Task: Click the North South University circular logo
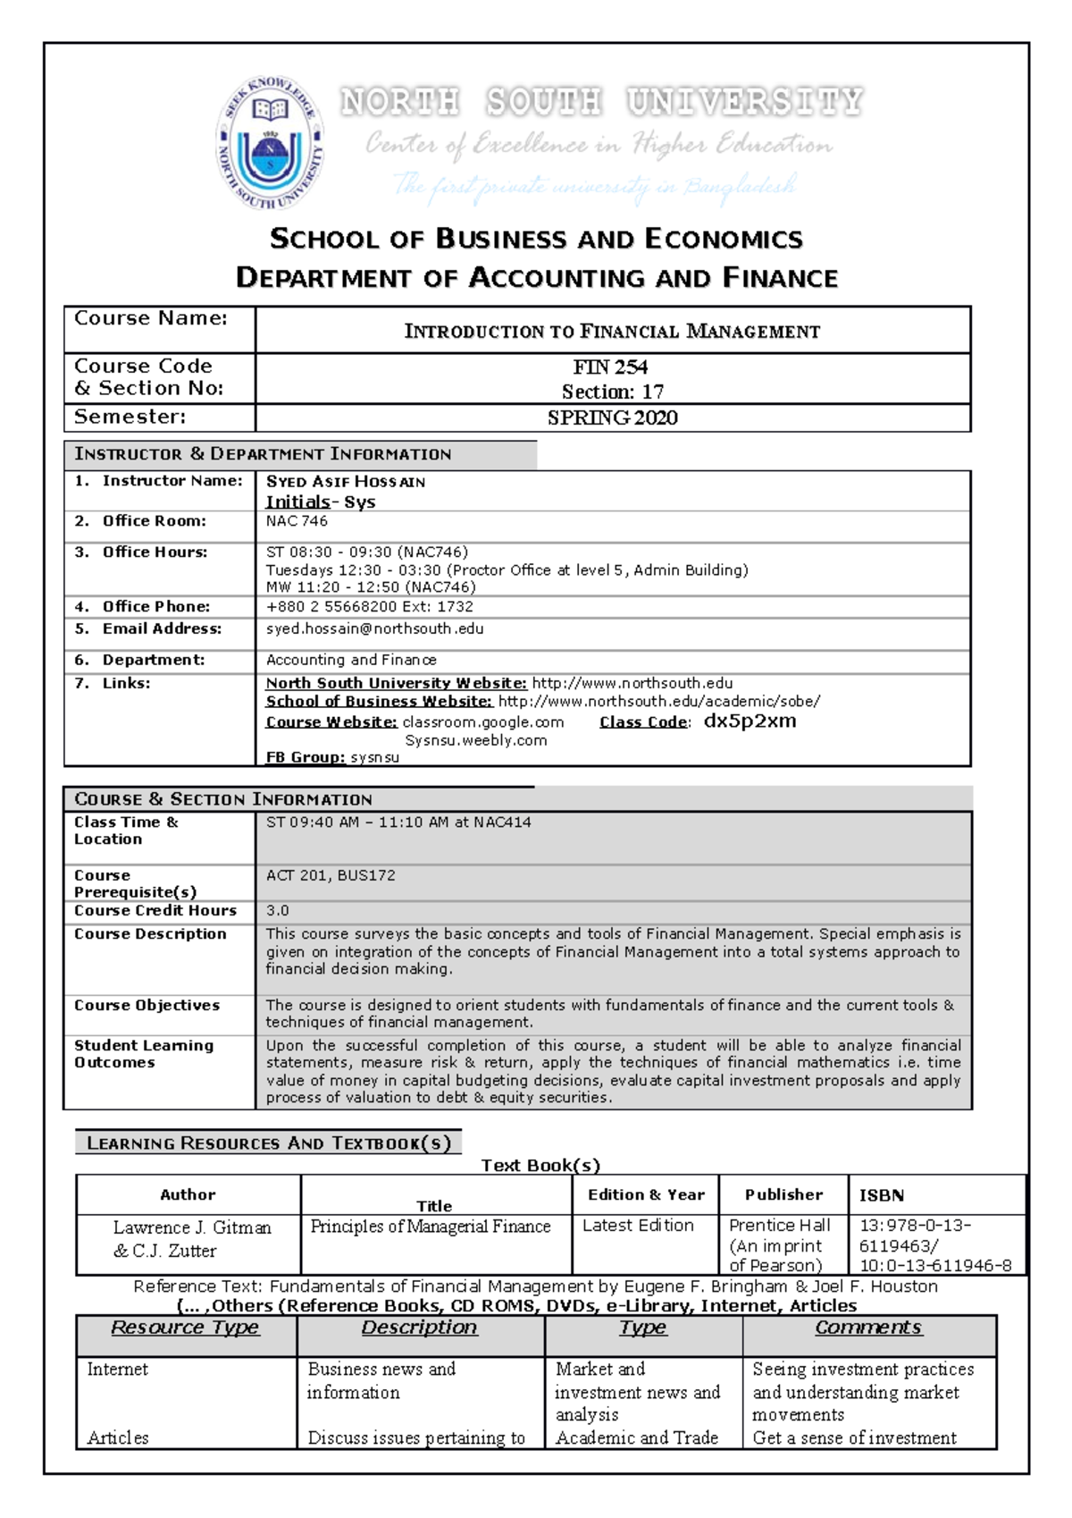point(271,143)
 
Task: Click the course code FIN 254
point(610,367)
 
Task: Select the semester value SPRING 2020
point(612,417)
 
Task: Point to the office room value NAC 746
point(297,521)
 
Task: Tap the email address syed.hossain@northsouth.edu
point(374,628)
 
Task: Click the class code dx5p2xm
point(750,721)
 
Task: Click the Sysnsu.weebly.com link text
point(475,740)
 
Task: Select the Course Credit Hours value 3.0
point(277,910)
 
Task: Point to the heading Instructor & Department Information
point(263,454)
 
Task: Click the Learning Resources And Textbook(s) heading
point(269,1143)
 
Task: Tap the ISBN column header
point(881,1195)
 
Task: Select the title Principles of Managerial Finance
point(430,1227)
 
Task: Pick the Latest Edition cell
point(638,1226)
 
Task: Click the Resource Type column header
point(185,1328)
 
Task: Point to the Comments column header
point(867,1328)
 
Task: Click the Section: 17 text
point(612,392)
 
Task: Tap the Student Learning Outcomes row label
point(143,1054)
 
